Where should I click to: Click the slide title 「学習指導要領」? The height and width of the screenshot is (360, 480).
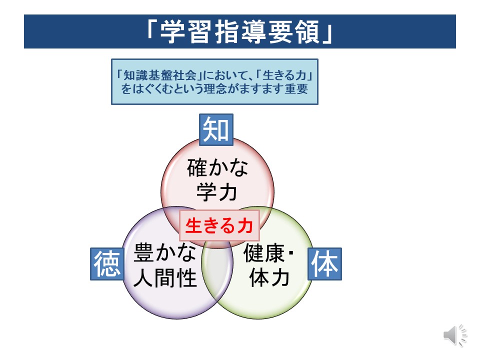[x=239, y=31]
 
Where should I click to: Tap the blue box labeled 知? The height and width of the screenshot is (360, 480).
[x=216, y=130]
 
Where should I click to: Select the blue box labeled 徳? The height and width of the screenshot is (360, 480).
[x=107, y=264]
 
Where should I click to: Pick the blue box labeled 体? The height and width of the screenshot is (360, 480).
[x=324, y=264]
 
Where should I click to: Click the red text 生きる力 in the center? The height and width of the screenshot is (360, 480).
[x=219, y=225]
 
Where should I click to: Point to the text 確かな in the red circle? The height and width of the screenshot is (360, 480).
[x=217, y=167]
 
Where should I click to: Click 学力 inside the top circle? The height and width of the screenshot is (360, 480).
[x=216, y=192]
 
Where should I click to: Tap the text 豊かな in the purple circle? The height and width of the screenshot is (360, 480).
[x=165, y=252]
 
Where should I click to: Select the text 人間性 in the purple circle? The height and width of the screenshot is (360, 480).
[x=165, y=277]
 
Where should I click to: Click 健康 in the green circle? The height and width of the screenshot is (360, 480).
[x=264, y=253]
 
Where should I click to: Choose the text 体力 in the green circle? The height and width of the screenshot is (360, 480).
[x=269, y=277]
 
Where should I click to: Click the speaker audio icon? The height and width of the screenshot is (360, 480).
[x=455, y=335]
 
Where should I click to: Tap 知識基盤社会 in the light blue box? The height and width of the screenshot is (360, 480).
[x=160, y=75]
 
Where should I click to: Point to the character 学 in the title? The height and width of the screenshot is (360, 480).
[x=172, y=32]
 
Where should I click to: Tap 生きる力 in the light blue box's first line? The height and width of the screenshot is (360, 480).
[x=284, y=75]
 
